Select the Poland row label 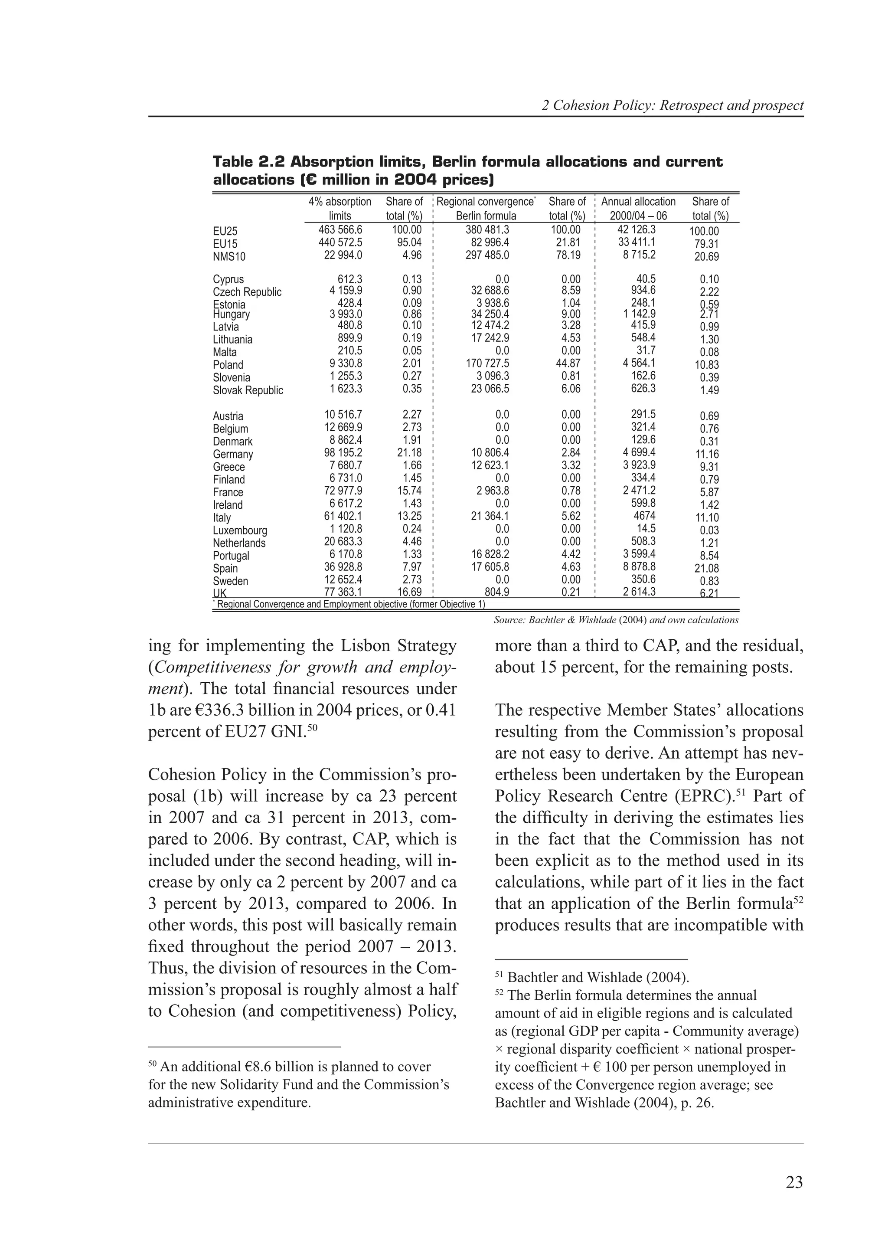tap(228, 365)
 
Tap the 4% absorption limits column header tap(340, 209)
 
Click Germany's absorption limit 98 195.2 tap(343, 453)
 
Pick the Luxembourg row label tap(240, 530)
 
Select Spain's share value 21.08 tap(706, 569)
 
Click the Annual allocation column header tap(638, 209)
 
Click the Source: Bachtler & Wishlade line tap(616, 620)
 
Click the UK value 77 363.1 tap(343, 592)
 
